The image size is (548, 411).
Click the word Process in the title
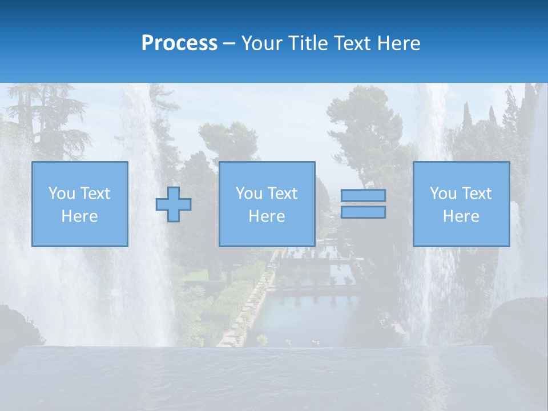[x=179, y=43]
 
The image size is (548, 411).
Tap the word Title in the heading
[x=308, y=43]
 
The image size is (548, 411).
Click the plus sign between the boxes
[x=174, y=204]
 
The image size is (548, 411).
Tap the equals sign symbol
[x=363, y=204]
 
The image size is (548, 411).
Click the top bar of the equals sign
[x=363, y=195]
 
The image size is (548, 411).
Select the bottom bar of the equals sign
[x=363, y=212]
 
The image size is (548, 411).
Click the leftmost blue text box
[x=79, y=204]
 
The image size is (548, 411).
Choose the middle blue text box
[x=267, y=204]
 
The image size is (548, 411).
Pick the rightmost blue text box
[x=461, y=204]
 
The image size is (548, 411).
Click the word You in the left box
[x=62, y=194]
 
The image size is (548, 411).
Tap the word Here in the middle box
[x=267, y=216]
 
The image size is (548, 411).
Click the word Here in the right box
[x=461, y=216]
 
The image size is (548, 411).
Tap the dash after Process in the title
[x=229, y=43]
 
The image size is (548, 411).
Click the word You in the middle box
[x=249, y=194]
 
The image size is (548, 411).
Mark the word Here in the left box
[x=79, y=216]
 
